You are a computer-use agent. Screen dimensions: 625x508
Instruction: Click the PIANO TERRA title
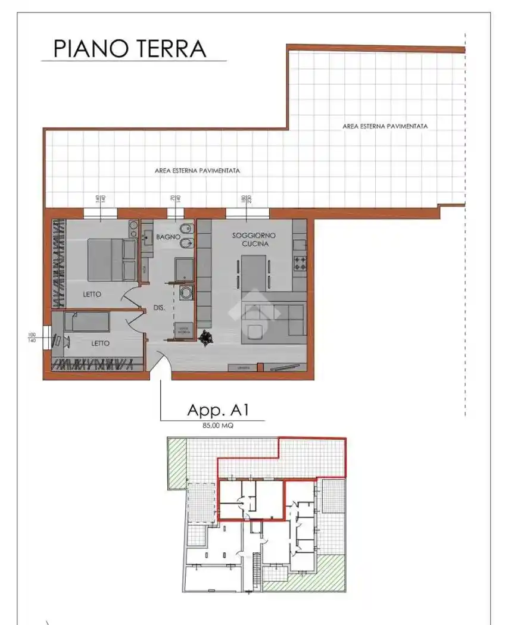(130, 49)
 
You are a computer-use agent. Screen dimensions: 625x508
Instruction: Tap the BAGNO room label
(168, 237)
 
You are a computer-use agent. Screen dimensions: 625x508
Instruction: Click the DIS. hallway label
(158, 309)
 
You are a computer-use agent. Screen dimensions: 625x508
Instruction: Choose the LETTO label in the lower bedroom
(100, 343)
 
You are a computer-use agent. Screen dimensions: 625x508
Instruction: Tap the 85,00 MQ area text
(217, 426)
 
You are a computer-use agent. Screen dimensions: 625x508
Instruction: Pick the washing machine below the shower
(185, 293)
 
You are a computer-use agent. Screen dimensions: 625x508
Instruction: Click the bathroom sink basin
(147, 236)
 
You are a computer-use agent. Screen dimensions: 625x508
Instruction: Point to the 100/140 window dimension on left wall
(32, 337)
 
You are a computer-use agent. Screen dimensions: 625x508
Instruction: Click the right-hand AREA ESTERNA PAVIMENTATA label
(385, 126)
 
